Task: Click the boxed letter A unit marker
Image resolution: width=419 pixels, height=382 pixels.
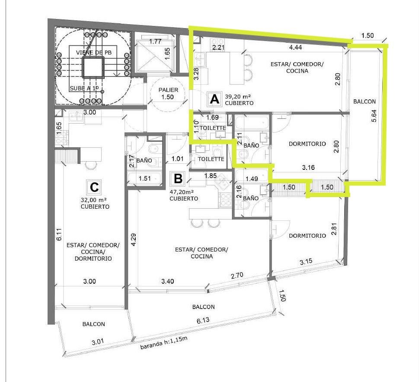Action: [214, 99]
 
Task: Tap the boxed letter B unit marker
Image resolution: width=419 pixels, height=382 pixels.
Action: [178, 178]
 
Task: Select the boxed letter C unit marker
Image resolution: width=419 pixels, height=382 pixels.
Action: [94, 187]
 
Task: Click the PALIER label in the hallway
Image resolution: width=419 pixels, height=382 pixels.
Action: [168, 90]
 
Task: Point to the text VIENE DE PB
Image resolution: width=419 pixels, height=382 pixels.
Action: [94, 52]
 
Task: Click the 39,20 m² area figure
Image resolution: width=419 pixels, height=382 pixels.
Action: [237, 96]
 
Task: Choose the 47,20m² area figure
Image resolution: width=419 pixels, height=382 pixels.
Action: [182, 191]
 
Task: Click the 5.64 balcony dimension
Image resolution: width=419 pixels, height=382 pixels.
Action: [374, 116]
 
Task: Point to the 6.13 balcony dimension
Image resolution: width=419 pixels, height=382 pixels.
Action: [203, 320]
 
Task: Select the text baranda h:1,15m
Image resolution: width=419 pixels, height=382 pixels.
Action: [163, 343]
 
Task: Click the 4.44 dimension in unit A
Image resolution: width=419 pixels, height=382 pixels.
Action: [295, 47]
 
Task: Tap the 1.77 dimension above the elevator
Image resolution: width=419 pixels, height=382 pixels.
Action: [155, 41]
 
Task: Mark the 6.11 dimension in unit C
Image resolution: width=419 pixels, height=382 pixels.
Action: [59, 234]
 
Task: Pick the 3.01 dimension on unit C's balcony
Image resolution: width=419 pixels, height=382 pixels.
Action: [98, 342]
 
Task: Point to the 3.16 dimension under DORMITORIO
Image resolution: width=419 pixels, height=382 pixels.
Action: [308, 168]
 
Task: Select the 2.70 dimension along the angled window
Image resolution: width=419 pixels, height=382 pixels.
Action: [237, 275]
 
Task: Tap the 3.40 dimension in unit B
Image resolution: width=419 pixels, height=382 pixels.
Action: [167, 281]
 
